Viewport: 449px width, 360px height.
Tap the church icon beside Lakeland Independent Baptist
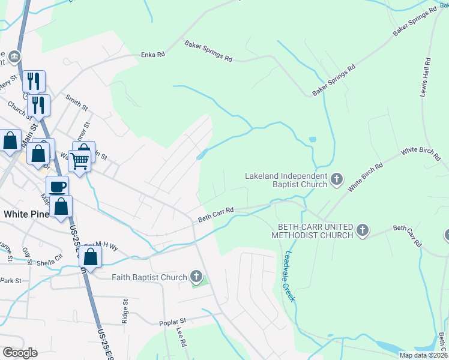click(337, 178)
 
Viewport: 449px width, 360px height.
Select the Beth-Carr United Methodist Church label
click(315, 230)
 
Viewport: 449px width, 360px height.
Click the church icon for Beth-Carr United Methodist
click(362, 230)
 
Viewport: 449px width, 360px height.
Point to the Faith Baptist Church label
click(149, 277)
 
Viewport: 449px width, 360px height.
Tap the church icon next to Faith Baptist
click(196, 277)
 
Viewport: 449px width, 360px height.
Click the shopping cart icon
click(79, 161)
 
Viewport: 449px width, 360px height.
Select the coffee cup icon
click(58, 187)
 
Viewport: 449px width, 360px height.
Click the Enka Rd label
click(153, 54)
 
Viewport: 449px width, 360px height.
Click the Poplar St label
click(173, 322)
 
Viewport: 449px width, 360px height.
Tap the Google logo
click(20, 353)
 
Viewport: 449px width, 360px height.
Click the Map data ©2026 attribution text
click(423, 355)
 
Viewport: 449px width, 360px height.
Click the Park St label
click(11, 280)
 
